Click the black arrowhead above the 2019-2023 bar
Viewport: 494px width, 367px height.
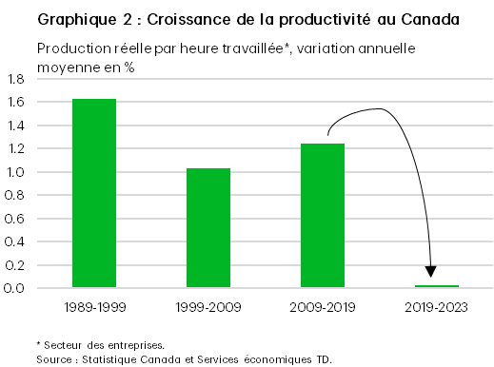pos(431,274)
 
